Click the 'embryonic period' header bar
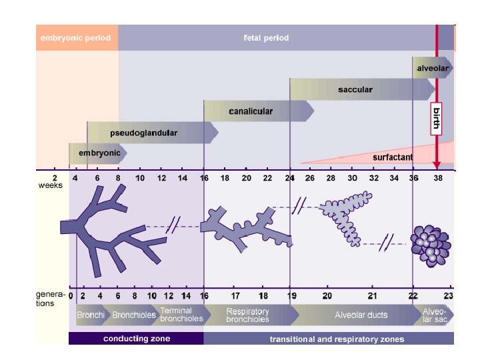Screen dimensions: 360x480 point(77,38)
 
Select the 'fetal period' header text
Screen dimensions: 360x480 point(266,38)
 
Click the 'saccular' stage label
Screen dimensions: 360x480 point(355,89)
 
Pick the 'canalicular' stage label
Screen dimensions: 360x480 point(251,111)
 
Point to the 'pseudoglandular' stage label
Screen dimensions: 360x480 point(143,133)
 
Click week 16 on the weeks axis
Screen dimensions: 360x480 point(204,179)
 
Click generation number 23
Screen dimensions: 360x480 point(449,295)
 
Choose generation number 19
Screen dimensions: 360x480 point(292,295)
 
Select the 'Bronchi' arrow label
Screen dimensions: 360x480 point(89,315)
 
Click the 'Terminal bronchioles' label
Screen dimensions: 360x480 point(176,315)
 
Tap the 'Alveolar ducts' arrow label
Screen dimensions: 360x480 point(361,315)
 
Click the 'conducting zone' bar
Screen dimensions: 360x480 point(136,339)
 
